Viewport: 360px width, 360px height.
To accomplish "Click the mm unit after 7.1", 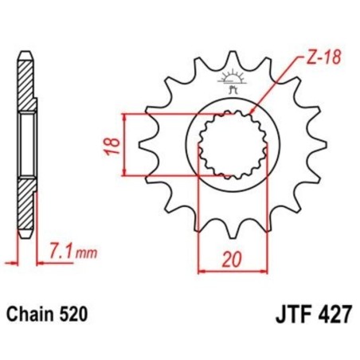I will [x=88, y=255].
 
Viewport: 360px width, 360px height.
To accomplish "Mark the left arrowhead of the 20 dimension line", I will [x=201, y=271].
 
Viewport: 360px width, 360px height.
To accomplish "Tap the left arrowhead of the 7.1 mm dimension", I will [x=18, y=259].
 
